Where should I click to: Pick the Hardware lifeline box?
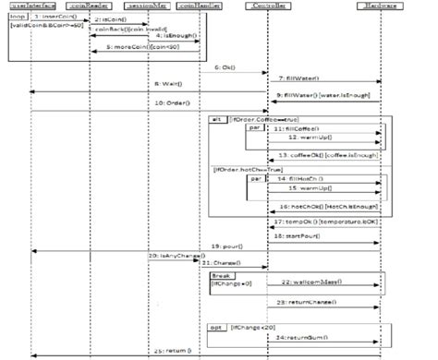pos(379,6)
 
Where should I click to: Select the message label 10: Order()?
pos(173,102)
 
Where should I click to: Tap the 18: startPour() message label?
pos(296,236)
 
